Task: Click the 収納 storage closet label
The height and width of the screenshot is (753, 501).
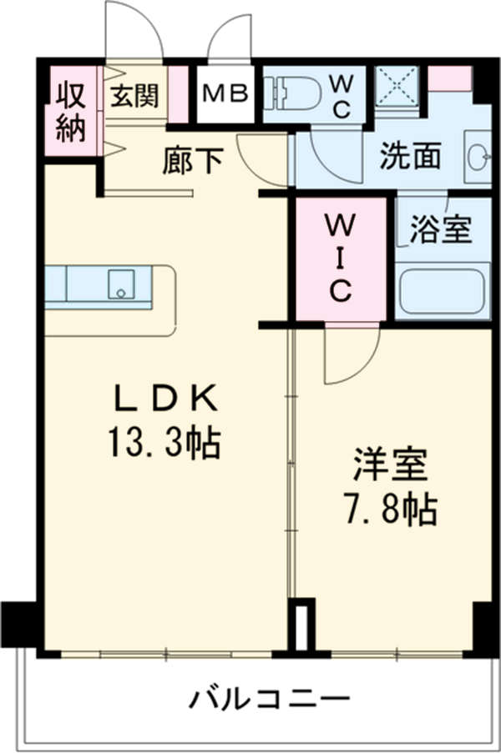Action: tap(71, 110)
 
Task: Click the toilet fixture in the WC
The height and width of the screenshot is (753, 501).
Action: tap(292, 93)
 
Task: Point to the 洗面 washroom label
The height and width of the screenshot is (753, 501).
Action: tap(411, 156)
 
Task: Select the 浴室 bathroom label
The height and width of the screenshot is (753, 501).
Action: tap(442, 229)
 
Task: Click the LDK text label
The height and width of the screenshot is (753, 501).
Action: tap(165, 399)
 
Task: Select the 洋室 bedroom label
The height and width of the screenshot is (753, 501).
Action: tap(391, 465)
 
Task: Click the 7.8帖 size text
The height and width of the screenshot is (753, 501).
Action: tap(391, 509)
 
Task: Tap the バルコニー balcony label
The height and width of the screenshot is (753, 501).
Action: tap(268, 698)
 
